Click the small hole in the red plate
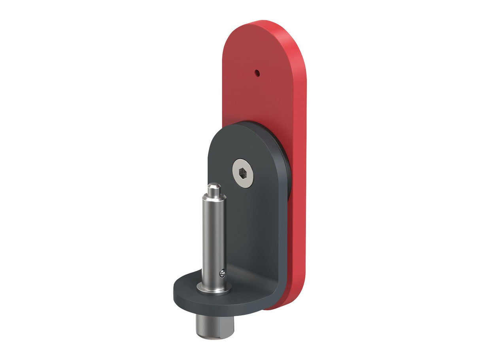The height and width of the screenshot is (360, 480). (257, 73)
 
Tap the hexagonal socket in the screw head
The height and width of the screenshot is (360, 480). (243, 173)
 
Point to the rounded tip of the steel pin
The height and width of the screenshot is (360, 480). (214, 186)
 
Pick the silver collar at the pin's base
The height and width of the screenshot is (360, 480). (214, 288)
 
